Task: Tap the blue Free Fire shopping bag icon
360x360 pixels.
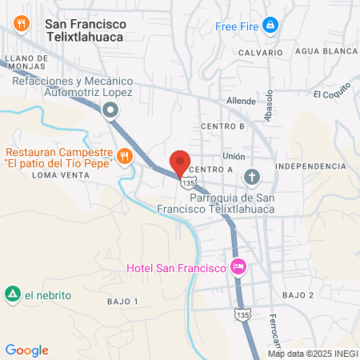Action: tap(271, 26)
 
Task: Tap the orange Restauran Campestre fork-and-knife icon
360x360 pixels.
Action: tap(124, 155)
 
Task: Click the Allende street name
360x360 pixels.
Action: tap(241, 102)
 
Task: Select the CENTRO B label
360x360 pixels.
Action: tap(222, 126)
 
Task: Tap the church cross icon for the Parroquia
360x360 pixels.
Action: tap(252, 176)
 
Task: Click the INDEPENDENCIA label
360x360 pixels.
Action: tap(310, 166)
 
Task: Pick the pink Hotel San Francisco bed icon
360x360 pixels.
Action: tap(237, 266)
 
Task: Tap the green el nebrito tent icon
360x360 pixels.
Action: tap(13, 294)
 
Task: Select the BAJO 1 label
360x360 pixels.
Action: tap(122, 301)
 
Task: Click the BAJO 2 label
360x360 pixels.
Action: tap(299, 295)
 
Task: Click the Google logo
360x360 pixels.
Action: tap(26, 350)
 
